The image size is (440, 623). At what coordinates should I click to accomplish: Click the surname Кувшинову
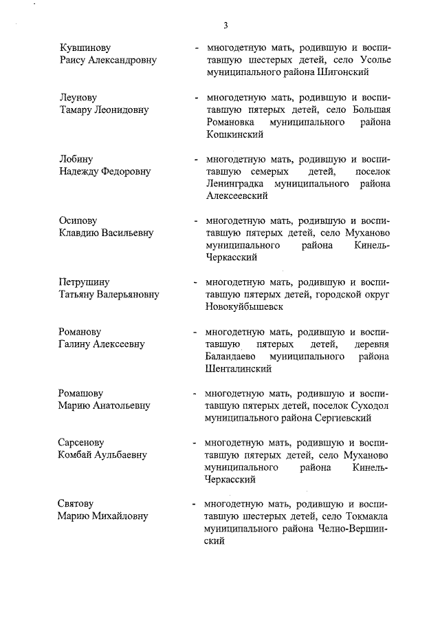click(85, 47)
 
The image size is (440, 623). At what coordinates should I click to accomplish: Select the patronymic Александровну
click(120, 60)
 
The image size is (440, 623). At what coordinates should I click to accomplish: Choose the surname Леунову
click(79, 98)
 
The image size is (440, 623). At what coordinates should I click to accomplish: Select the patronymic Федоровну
click(134, 171)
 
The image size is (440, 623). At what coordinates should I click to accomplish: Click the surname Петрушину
click(85, 282)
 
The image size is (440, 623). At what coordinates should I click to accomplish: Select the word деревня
click(370, 344)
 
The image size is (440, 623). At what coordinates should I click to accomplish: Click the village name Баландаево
click(230, 356)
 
